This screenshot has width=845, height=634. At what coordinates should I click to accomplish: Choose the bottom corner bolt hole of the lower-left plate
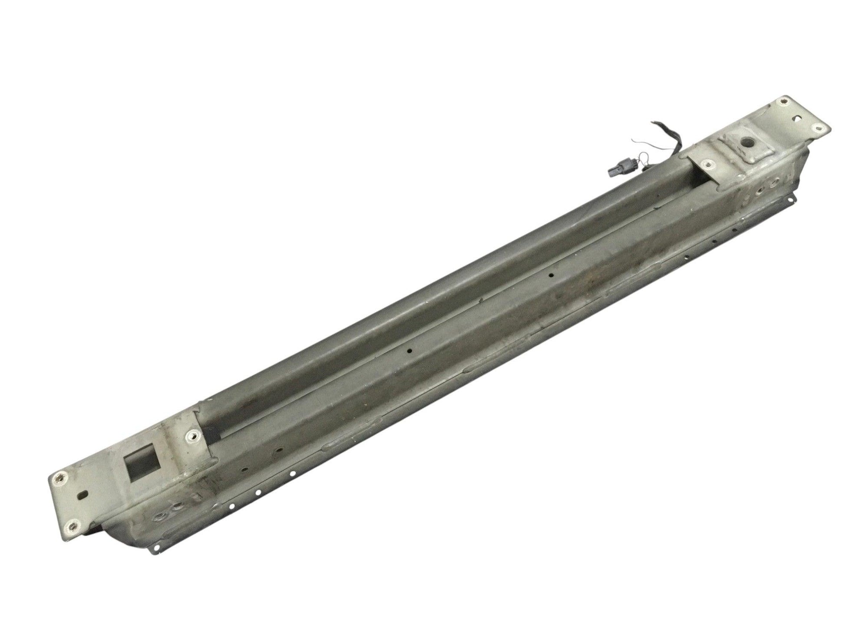tap(72, 526)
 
